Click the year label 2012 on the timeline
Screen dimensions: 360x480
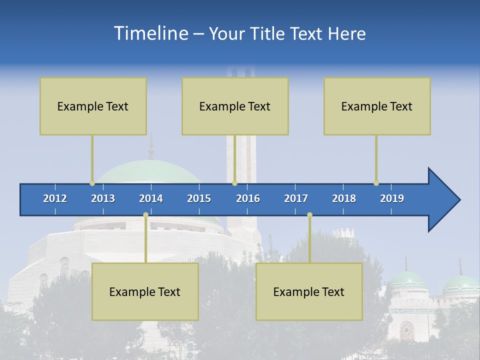55,198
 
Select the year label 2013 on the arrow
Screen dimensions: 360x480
103,198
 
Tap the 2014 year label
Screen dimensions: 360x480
151,198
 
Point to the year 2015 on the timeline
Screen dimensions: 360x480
199,198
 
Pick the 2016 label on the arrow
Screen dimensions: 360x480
248,198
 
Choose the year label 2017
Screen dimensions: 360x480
296,198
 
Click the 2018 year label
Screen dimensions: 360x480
344,198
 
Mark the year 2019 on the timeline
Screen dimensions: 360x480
392,198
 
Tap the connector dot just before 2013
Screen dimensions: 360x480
92,183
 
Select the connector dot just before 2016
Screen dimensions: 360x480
234,183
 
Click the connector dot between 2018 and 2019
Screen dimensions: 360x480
376,183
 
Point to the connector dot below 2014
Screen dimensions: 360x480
145,215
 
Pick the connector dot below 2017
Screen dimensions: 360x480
309,215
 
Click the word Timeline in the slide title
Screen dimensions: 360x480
150,33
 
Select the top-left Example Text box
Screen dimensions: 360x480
93,106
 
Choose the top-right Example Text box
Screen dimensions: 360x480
377,106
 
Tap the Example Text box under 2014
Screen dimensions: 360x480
145,291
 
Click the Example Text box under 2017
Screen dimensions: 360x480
309,291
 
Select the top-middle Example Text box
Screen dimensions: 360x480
235,106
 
